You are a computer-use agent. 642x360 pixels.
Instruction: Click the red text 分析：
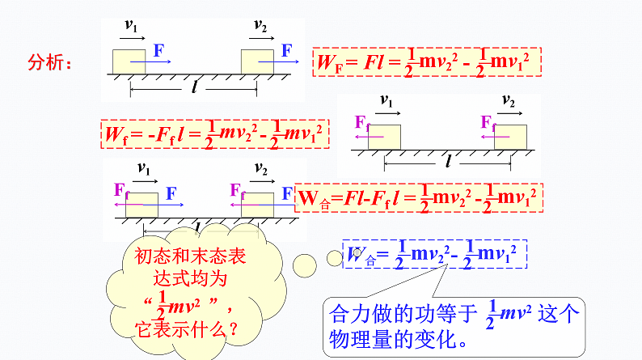point(50,62)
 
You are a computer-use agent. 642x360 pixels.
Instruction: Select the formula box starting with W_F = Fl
point(425,62)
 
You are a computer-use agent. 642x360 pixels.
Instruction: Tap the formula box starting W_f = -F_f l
point(214,133)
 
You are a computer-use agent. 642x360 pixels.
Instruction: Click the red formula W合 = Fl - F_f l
point(417,197)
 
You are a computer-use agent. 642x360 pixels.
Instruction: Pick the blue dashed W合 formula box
point(434,255)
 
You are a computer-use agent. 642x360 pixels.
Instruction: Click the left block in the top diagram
point(129,61)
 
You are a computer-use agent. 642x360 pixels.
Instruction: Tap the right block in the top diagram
point(258,61)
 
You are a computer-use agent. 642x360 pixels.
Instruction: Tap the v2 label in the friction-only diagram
point(508,101)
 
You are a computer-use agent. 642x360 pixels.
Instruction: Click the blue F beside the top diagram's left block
point(158,49)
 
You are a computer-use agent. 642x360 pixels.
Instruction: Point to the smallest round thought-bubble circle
point(334,258)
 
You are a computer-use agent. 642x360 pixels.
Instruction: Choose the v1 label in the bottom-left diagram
point(144,169)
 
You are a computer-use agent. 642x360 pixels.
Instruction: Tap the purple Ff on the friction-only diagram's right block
point(488,122)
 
